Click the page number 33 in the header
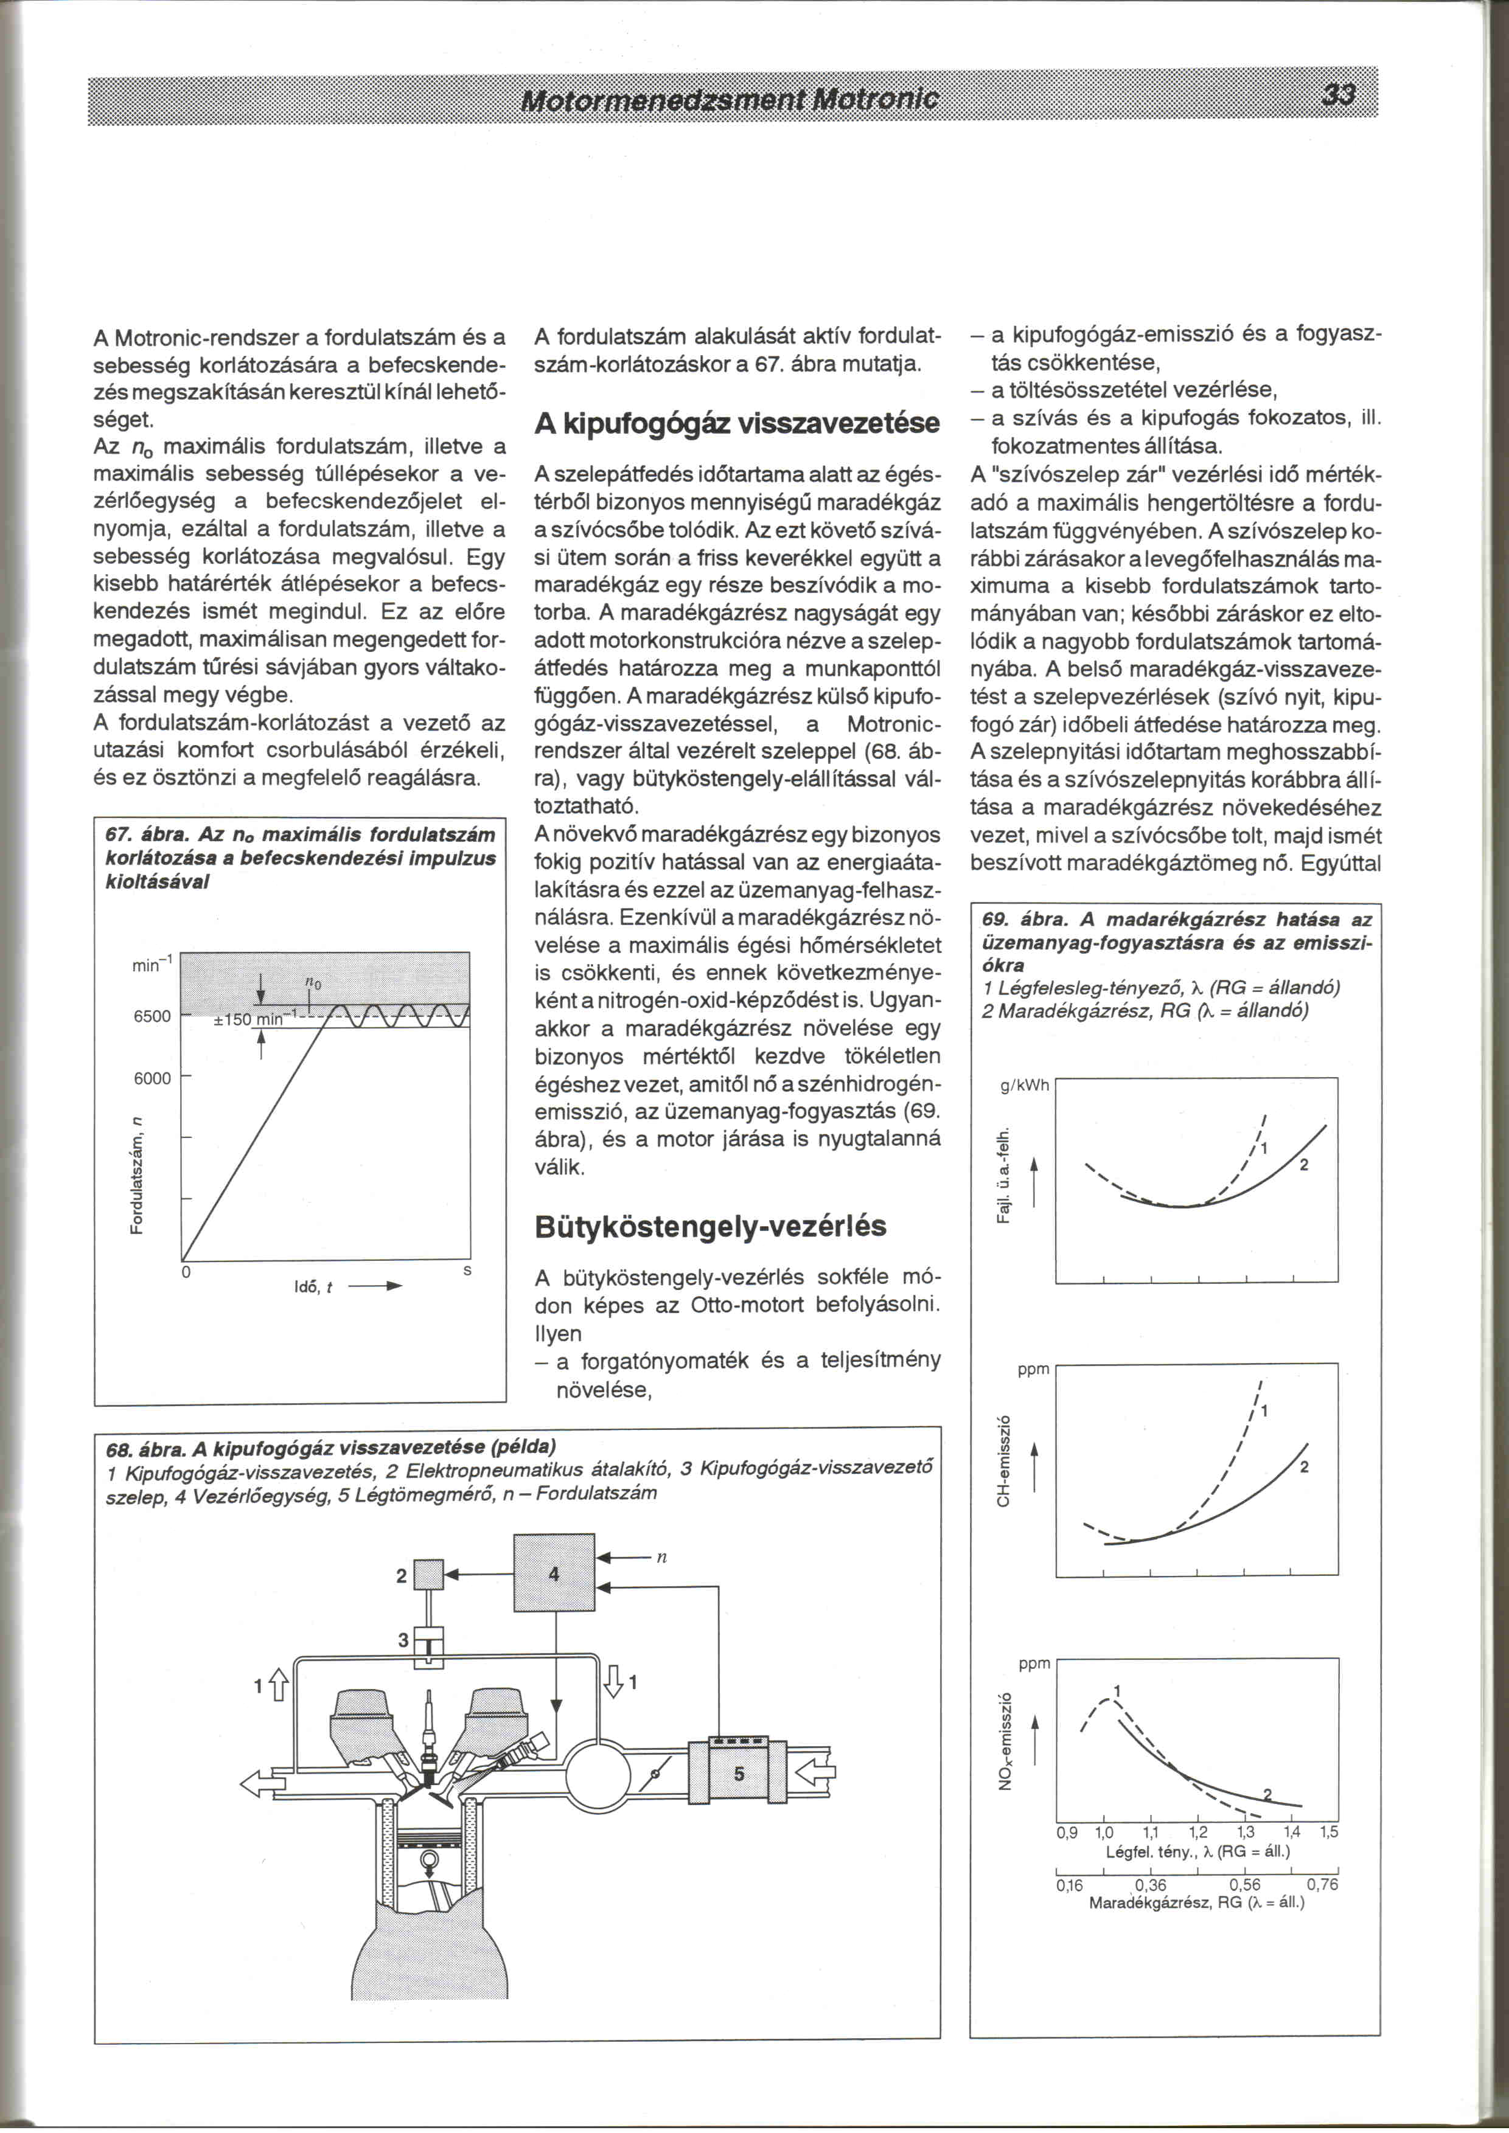[1339, 95]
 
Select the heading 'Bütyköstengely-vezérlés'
[710, 1226]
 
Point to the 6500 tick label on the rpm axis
[152, 1016]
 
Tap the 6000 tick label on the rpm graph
[152, 1078]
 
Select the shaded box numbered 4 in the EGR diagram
[554, 1573]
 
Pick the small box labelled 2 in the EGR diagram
[430, 1576]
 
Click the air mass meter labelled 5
[739, 1772]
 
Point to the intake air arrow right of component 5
[815, 1772]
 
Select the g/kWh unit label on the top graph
[1024, 1085]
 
